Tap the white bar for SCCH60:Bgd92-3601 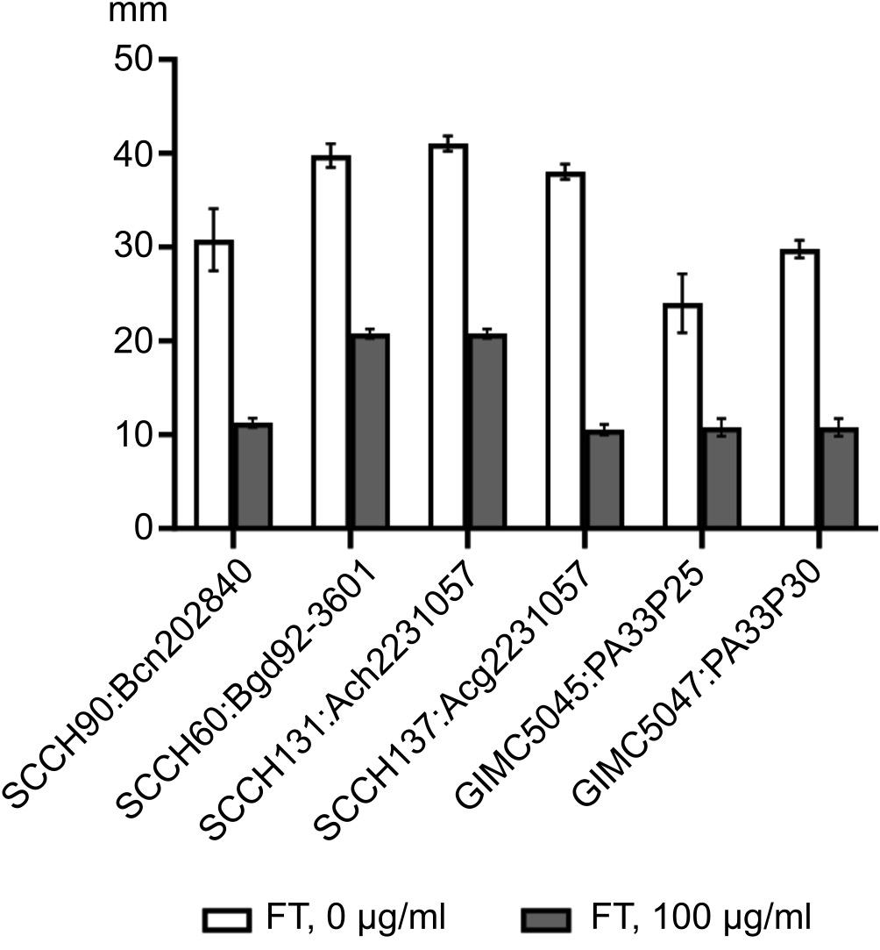[330, 342]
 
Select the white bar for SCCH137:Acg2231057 [565, 351]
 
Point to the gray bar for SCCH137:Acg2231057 [604, 479]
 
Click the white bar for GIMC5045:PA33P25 [682, 416]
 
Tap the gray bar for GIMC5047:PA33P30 [838, 478]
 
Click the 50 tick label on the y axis [136, 60]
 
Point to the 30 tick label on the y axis [136, 247]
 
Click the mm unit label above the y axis [130, 14]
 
